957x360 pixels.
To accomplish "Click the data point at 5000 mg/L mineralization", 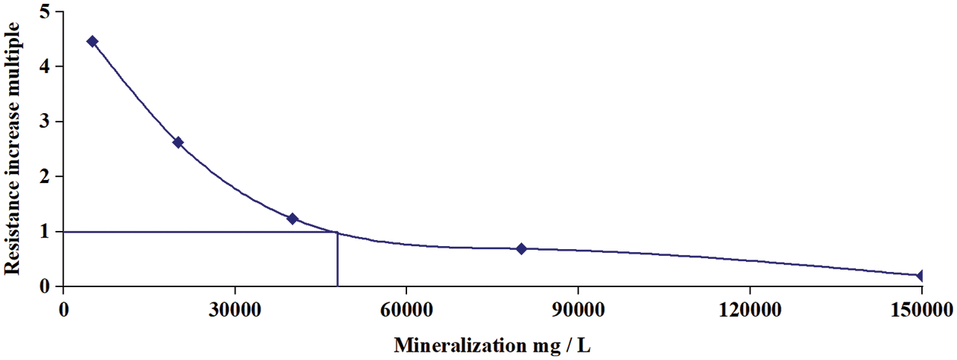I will coord(92,41).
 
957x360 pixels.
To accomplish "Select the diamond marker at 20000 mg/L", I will coord(178,142).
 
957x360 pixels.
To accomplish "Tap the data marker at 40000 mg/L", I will coord(292,219).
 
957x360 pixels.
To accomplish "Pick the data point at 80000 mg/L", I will coord(521,248).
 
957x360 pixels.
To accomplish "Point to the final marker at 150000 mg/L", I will coord(921,275).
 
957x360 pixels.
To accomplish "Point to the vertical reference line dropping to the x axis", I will coord(337,262).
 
